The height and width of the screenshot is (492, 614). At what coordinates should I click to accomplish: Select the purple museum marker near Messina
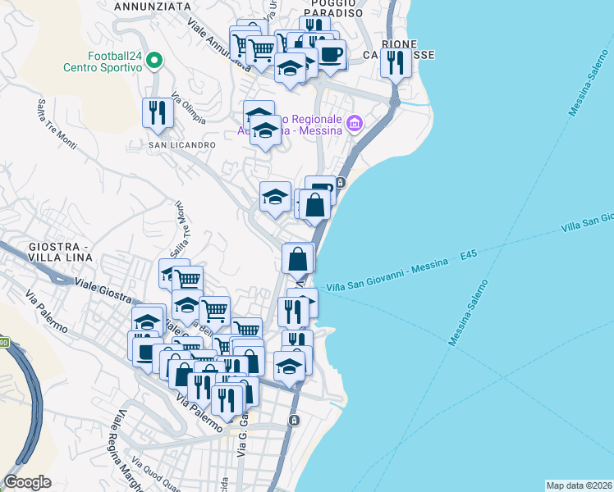355,124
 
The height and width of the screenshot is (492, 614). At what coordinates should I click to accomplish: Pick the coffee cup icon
331,54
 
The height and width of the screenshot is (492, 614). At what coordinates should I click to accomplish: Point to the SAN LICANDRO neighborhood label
181,145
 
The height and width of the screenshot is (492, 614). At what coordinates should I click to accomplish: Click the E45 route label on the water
469,256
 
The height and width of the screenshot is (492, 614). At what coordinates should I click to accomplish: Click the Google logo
27,481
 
